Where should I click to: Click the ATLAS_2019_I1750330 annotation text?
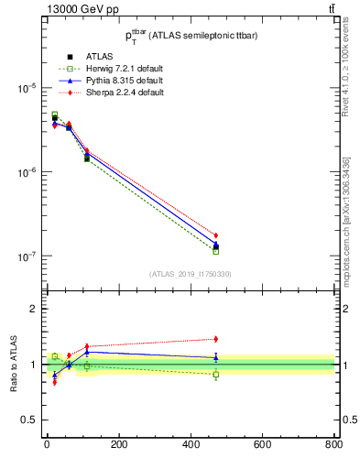pos(191,273)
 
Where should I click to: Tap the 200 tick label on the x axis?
pos(118,445)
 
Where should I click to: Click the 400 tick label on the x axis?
pos(190,445)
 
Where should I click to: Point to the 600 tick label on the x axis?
pos(262,445)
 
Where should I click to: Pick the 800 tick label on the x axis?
pos(333,445)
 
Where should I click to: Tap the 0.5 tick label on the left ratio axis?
pos(27,420)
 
